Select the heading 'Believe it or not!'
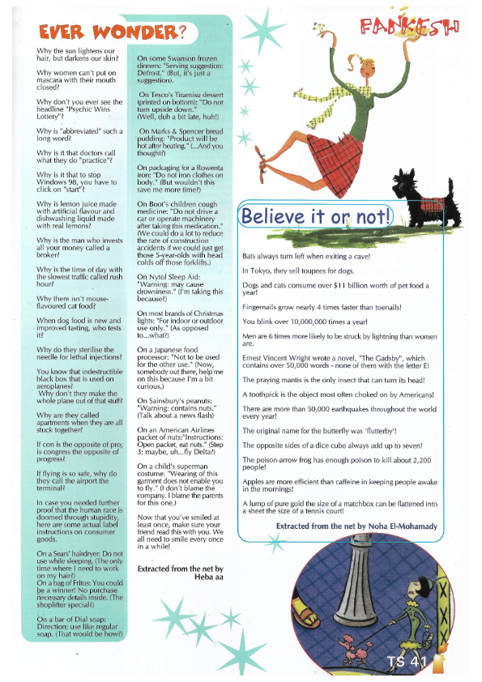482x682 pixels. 317,215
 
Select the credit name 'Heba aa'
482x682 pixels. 203,578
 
